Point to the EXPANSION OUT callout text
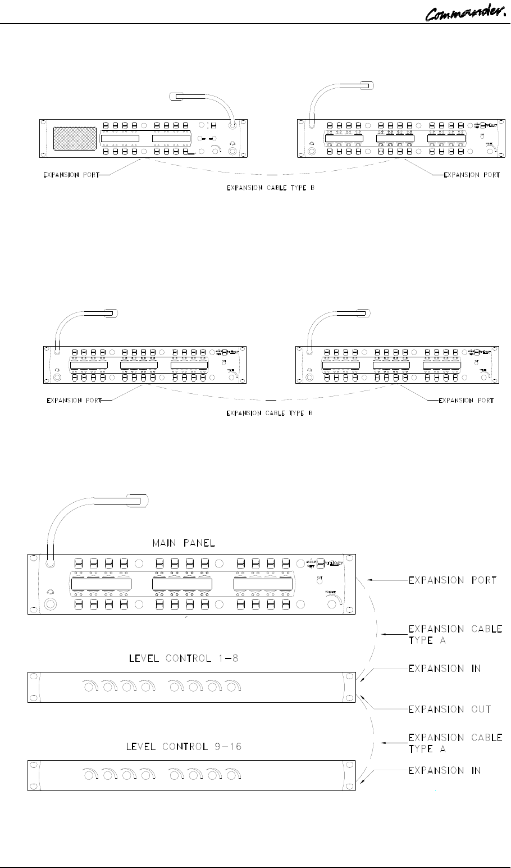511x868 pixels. (x=449, y=709)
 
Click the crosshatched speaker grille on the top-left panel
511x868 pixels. (x=74, y=139)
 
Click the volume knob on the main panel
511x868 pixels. (x=331, y=605)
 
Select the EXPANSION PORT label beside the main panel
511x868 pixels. (x=453, y=580)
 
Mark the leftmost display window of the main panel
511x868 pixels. (x=101, y=585)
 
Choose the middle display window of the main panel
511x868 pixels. (x=182, y=585)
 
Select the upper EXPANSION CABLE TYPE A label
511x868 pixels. (x=455, y=633)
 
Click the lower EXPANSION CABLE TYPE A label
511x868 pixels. (x=455, y=743)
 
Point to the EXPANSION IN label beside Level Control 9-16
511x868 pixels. (x=445, y=770)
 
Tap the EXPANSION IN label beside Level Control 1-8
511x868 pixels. (x=445, y=668)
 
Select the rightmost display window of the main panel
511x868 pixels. (x=263, y=585)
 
